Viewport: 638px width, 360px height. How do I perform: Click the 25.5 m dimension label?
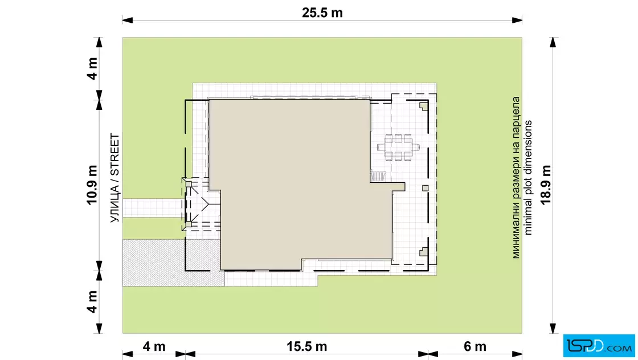click(x=322, y=13)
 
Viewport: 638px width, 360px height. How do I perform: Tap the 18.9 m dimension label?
click(x=546, y=185)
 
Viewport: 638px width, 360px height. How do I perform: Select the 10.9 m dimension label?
click(x=92, y=185)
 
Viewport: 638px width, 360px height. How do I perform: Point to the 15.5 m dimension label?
click(x=306, y=346)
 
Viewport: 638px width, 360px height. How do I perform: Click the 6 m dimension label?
click(x=475, y=346)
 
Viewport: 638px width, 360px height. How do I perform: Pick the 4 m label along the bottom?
click(x=154, y=346)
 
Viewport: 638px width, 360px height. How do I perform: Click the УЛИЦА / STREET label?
click(x=115, y=178)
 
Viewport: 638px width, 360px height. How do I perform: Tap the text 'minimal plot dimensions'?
click(x=527, y=178)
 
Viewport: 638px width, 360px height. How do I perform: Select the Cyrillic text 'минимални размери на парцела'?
click(x=516, y=178)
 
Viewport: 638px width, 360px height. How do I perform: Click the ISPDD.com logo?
click(x=599, y=346)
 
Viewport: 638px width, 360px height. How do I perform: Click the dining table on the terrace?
click(x=398, y=148)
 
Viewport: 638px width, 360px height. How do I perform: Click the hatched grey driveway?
click(x=171, y=263)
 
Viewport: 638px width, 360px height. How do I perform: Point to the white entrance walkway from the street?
click(x=153, y=208)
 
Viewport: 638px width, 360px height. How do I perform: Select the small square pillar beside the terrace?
click(x=425, y=189)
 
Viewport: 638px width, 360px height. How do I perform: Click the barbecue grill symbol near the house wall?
click(x=378, y=176)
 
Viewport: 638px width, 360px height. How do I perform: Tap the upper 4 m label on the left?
click(x=92, y=68)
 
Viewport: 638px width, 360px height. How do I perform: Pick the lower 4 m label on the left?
click(x=92, y=302)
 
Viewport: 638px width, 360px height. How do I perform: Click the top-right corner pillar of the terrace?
click(x=424, y=106)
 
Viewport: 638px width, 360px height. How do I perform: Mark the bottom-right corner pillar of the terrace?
click(x=424, y=251)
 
